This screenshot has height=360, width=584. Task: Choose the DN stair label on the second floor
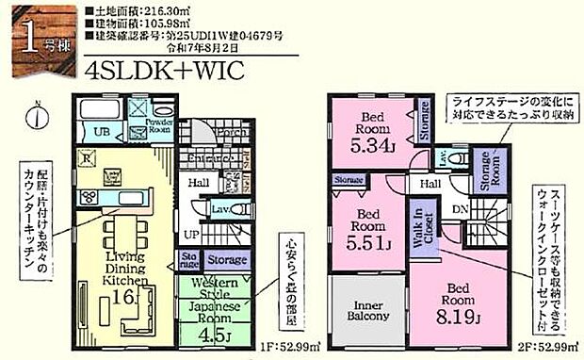click(461, 208)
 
